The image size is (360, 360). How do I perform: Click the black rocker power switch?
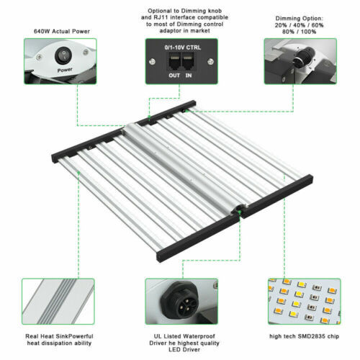tap(63, 55)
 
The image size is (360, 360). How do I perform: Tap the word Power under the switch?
tap(65, 70)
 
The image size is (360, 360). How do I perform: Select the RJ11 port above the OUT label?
tap(174, 62)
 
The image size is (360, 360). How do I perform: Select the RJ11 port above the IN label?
tap(188, 62)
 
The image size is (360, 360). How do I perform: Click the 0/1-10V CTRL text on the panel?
tap(183, 48)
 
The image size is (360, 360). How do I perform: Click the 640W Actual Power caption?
tap(62, 32)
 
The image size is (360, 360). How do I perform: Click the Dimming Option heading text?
tap(299, 19)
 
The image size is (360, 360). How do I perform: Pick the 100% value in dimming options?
tap(308, 32)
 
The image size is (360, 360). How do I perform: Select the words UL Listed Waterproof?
tap(184, 336)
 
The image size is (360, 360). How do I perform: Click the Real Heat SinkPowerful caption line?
tap(59, 336)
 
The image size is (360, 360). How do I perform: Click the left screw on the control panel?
tap(152, 62)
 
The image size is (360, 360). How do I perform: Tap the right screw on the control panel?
tap(210, 61)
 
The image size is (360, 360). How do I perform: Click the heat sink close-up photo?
tap(58, 302)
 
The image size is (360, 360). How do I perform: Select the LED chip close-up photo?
tap(304, 302)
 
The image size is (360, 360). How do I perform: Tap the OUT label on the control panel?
tap(174, 76)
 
